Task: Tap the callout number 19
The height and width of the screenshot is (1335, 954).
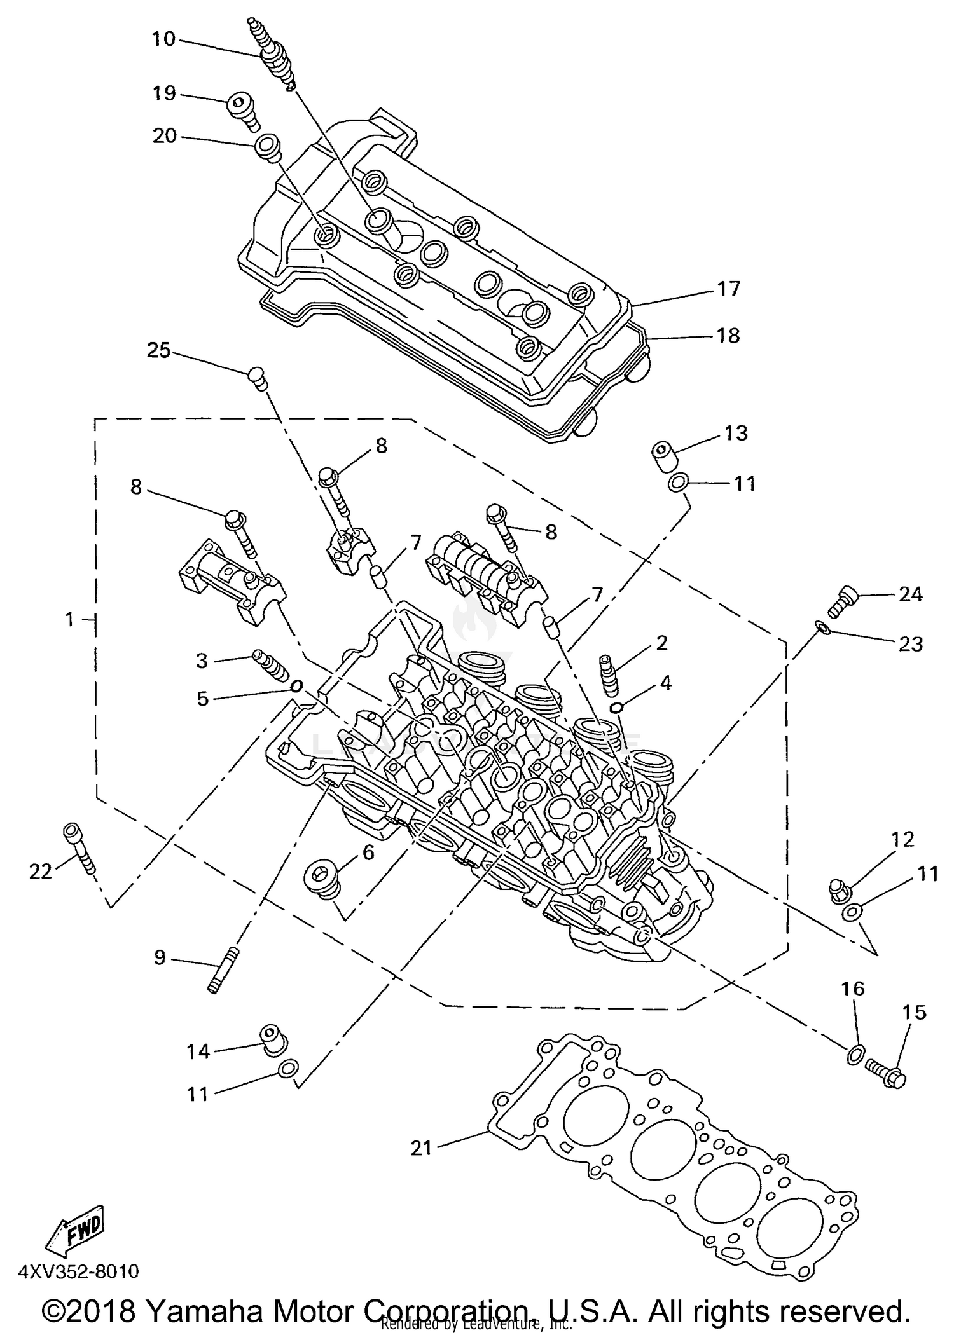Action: point(163,93)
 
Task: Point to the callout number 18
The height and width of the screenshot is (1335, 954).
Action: point(728,335)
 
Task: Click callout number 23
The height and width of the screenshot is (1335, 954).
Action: point(910,644)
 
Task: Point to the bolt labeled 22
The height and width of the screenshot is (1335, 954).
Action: point(79,847)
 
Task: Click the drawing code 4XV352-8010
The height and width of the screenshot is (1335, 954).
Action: point(78,1271)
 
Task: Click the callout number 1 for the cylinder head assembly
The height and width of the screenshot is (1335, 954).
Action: point(70,619)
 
